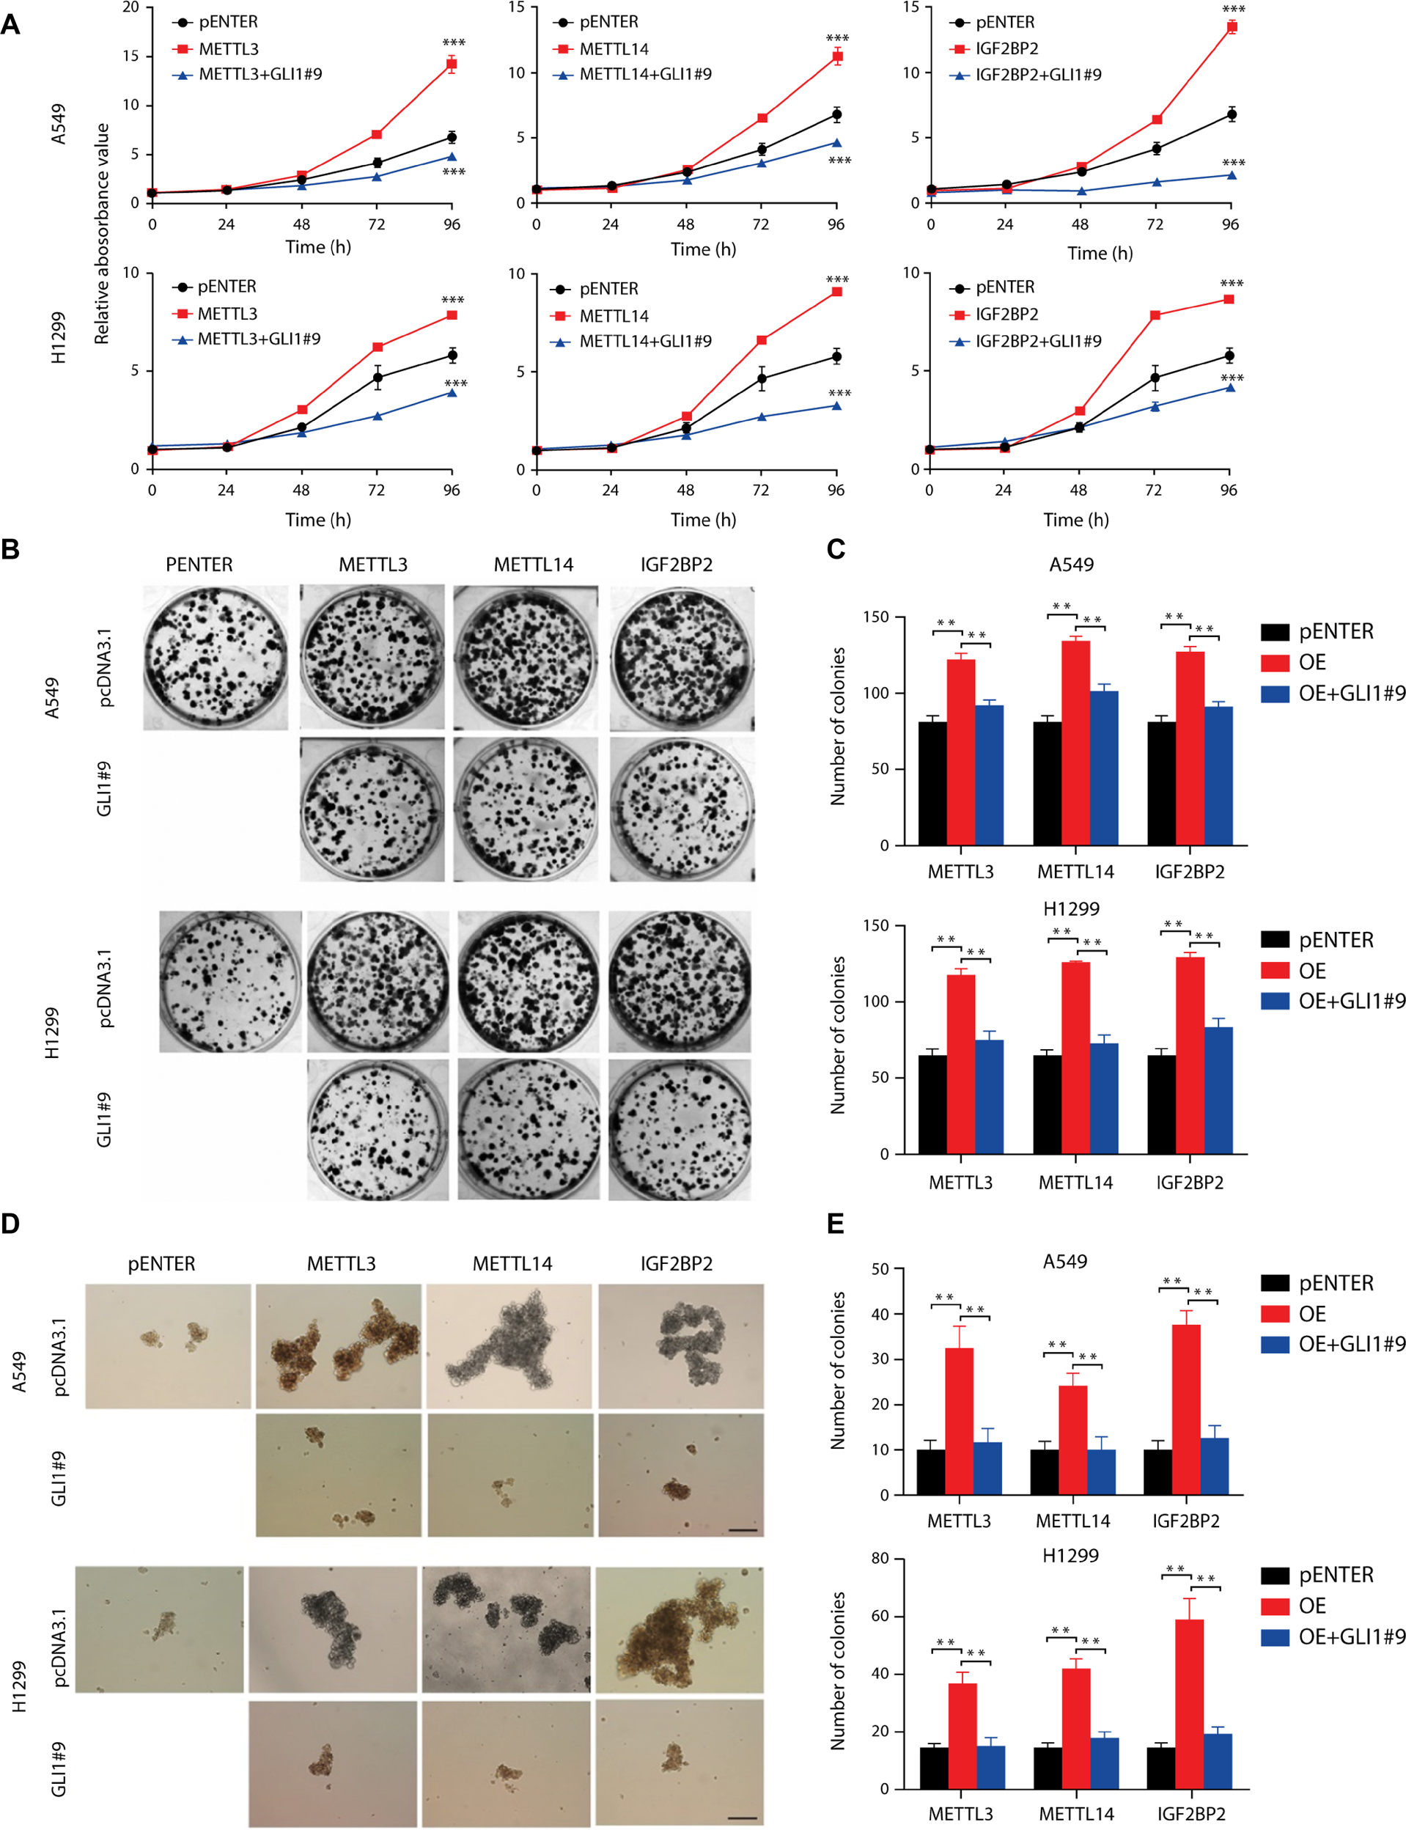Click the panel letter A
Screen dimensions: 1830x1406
pos(10,24)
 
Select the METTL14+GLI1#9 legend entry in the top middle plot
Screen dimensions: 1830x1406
pos(645,75)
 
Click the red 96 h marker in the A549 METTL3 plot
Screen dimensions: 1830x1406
pos(451,64)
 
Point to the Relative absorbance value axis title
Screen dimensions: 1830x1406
pos(102,234)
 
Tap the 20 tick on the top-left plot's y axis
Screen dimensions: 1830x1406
pos(130,7)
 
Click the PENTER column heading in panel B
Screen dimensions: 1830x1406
pos(199,565)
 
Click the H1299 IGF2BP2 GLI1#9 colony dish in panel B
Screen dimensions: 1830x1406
pos(679,1129)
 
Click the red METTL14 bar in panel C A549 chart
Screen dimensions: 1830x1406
pos(1075,743)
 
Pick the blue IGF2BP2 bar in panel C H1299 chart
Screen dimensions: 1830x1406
pos(1218,1090)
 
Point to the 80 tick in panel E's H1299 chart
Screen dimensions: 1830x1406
pos(880,1558)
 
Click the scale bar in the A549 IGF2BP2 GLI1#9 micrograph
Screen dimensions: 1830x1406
pos(743,1530)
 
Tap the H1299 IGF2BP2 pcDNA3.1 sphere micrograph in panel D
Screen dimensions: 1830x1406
pos(679,1629)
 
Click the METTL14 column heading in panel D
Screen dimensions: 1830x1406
pos(512,1263)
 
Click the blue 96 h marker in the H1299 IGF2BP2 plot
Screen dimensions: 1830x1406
pos(1229,387)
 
